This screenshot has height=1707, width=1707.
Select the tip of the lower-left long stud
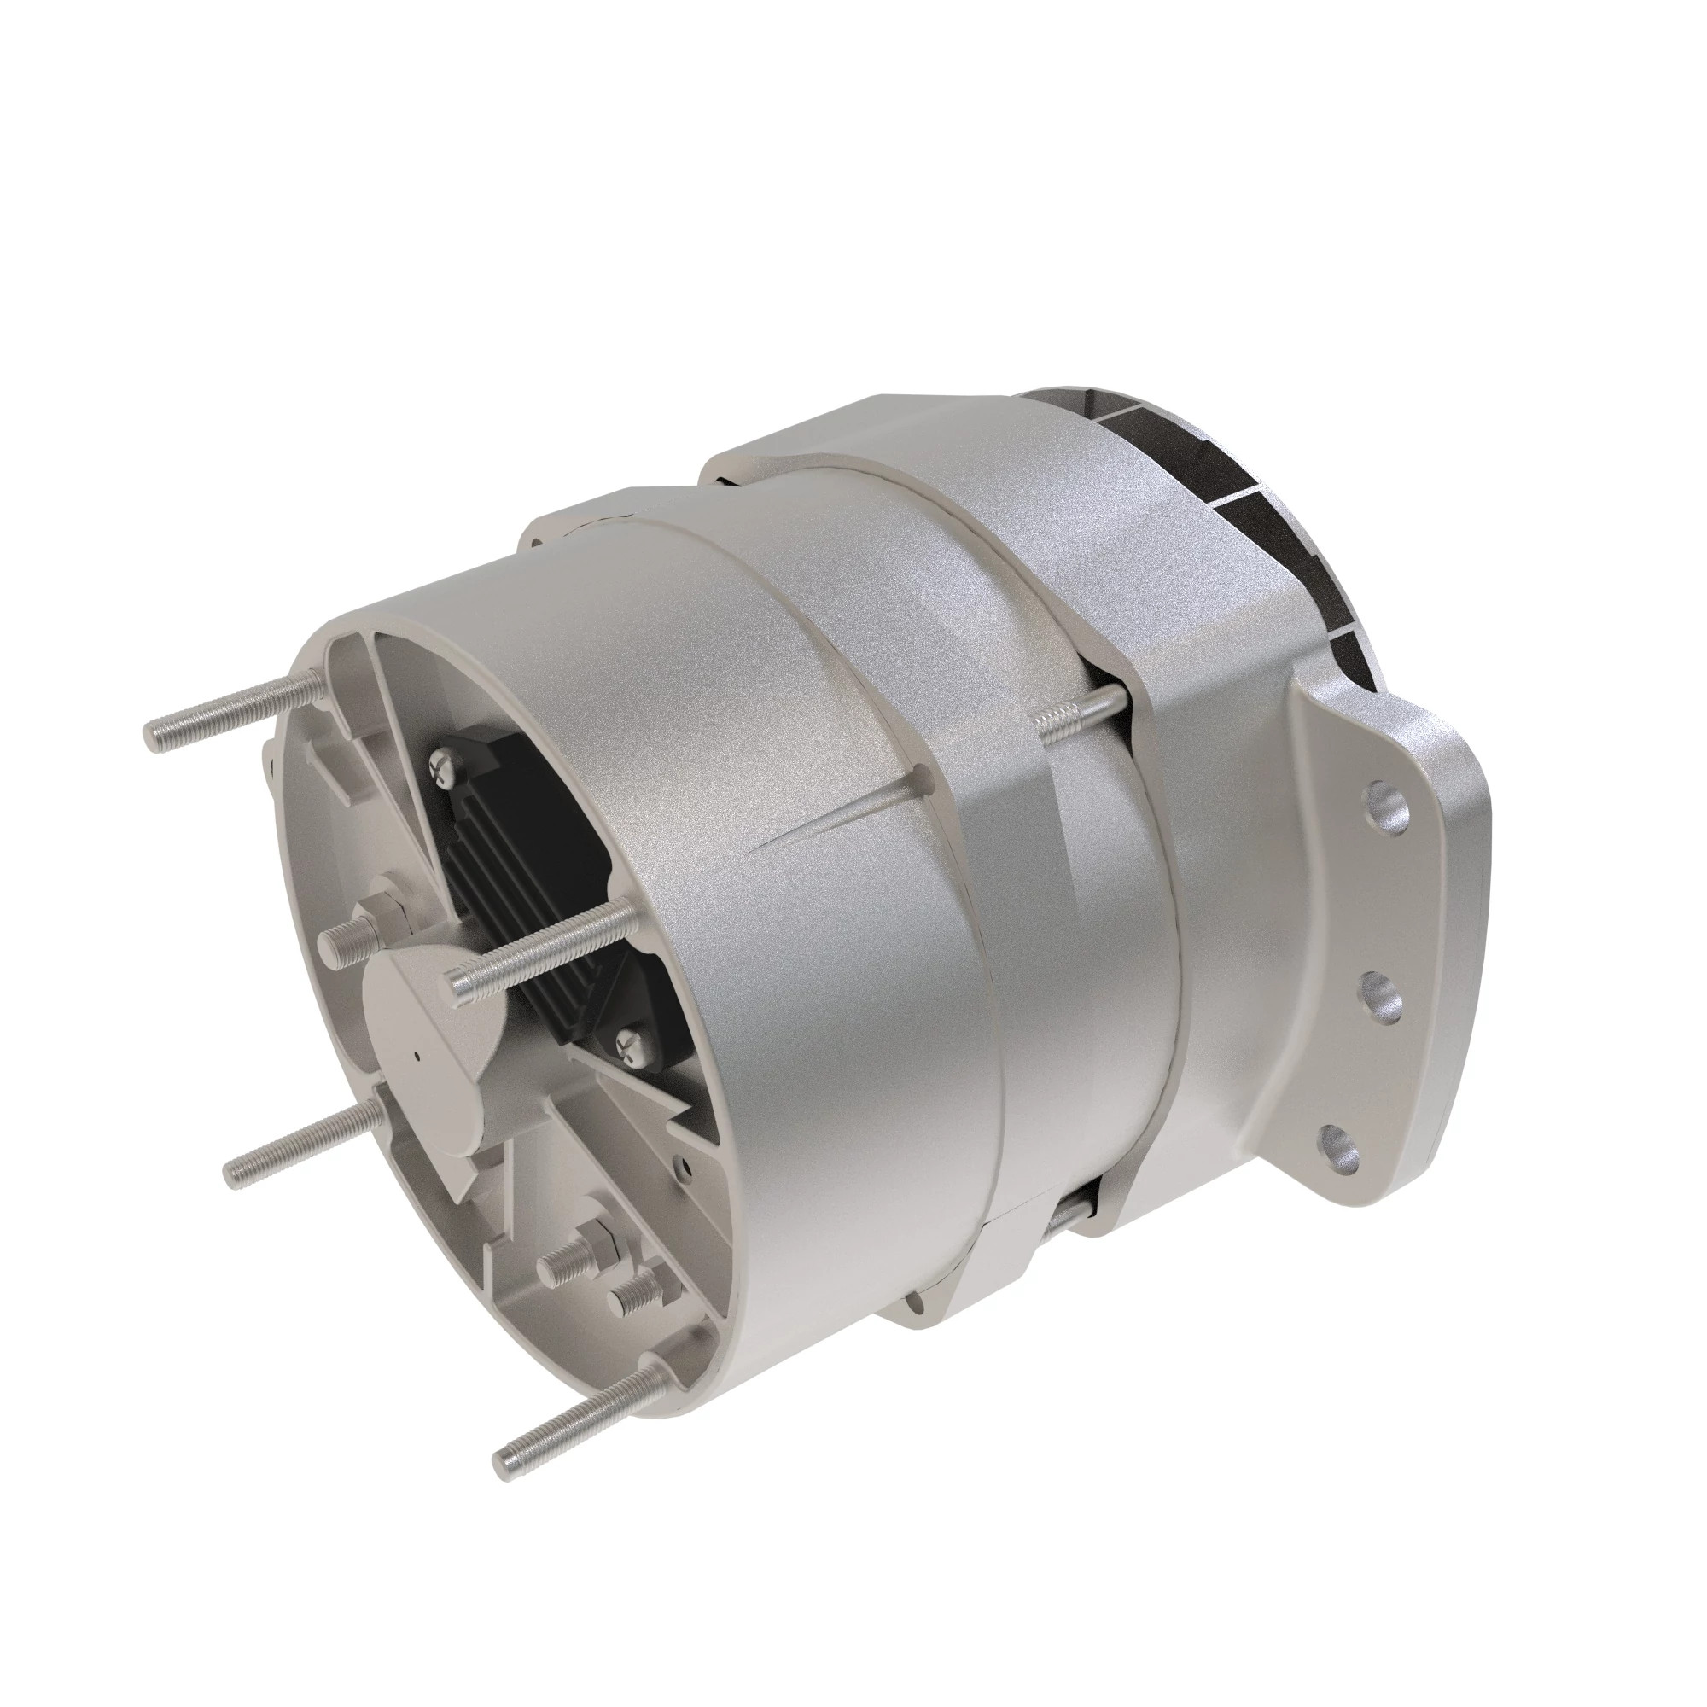pyautogui.click(x=234, y=1174)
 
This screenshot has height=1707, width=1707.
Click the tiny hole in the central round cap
pyautogui.click(x=416, y=1056)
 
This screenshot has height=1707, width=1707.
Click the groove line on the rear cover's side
pyautogui.click(x=830, y=813)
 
